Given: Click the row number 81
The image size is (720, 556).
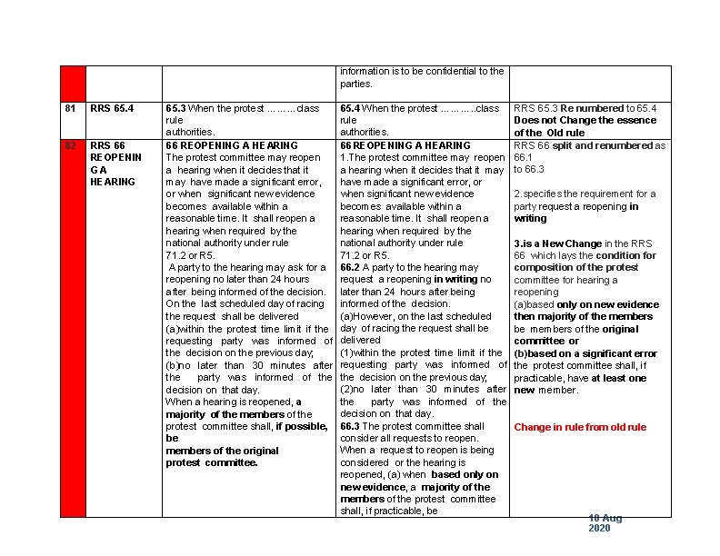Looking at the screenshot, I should tap(69, 109).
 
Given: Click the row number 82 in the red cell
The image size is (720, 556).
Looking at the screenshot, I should tap(69, 145).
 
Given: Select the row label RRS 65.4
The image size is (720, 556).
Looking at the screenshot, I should tap(111, 109).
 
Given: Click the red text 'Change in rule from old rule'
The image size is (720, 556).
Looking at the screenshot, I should tap(580, 427).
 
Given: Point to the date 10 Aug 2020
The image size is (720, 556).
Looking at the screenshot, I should tap(605, 523).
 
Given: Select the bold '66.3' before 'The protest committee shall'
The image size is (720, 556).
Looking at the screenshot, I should tap(351, 426).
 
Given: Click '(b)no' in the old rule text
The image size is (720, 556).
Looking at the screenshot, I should tap(179, 365).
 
